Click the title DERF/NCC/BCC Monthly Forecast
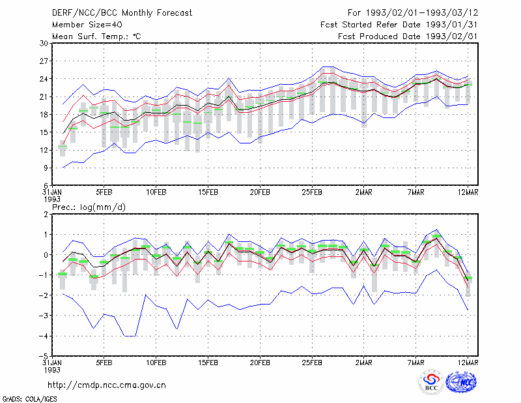[122, 13]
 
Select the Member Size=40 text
[87, 25]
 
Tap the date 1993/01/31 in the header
[451, 25]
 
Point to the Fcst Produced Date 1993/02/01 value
[451, 37]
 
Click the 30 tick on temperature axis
[44, 43]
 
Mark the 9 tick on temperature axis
[46, 168]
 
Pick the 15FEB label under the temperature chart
[208, 192]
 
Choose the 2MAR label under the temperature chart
[364, 192]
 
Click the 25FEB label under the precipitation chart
[312, 363]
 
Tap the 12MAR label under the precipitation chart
[468, 363]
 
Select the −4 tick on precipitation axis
[44, 336]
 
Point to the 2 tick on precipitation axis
[46, 215]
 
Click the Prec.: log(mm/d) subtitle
[89, 207]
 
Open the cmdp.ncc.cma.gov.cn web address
[107, 385]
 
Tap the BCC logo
[431, 383]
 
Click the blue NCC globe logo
[461, 382]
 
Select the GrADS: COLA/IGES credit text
[30, 399]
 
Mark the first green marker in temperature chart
[63, 147]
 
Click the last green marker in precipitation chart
[468, 278]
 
